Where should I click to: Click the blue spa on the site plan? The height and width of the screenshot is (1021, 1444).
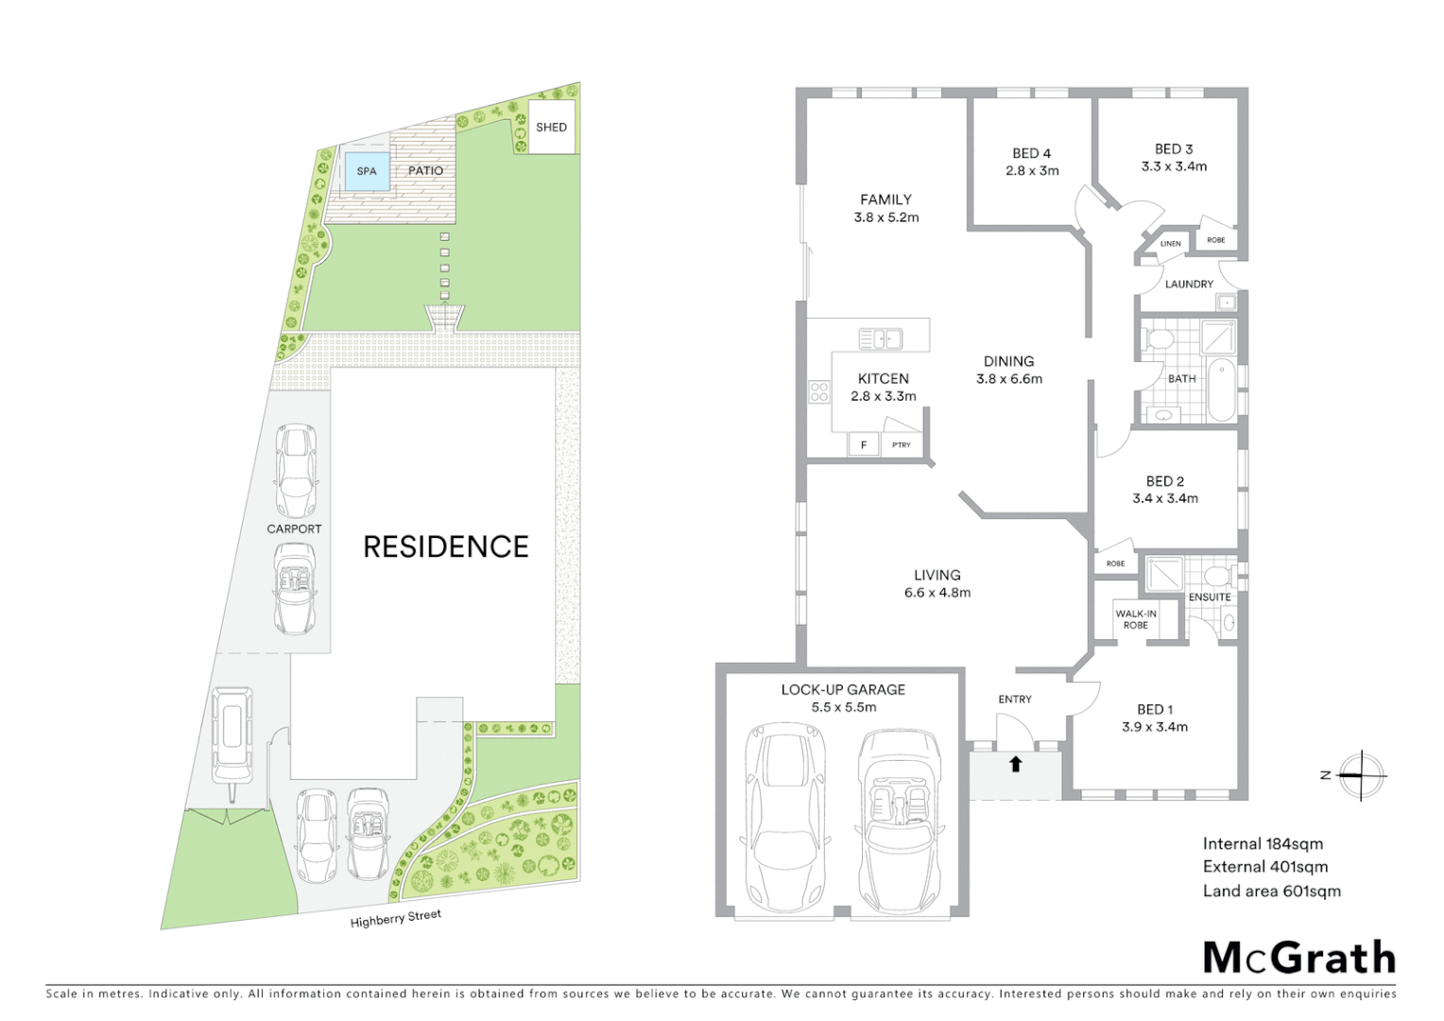point(367,171)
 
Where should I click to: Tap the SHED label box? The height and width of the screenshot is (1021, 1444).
point(552,128)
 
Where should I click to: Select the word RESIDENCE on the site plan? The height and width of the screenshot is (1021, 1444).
point(446,546)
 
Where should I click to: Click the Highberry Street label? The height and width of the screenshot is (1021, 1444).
point(396,918)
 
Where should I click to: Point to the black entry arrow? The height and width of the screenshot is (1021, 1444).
point(1015,764)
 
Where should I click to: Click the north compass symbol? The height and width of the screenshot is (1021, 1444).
point(1361,775)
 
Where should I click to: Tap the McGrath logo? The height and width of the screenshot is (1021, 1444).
point(1298,958)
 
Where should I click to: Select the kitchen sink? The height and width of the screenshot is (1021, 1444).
point(880,338)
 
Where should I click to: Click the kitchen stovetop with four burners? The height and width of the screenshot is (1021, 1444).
point(819,391)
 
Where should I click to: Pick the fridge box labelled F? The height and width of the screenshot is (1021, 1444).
point(864,444)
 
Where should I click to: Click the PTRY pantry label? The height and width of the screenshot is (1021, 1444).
point(902,445)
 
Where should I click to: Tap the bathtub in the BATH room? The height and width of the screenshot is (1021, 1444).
point(1221,389)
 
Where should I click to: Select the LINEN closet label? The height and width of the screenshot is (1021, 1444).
point(1171,244)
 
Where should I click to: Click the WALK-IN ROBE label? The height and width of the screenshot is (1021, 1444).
point(1136,619)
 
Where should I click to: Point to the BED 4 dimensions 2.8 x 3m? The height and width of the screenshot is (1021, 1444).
point(1032,171)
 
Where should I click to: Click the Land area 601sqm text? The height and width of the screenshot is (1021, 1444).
point(1271,891)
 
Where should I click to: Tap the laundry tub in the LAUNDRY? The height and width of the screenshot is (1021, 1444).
point(1226,303)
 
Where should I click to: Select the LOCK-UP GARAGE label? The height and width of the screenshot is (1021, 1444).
point(843,690)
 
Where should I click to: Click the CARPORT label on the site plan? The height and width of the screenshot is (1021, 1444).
point(294,529)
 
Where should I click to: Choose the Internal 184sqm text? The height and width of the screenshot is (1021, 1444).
point(1263,843)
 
